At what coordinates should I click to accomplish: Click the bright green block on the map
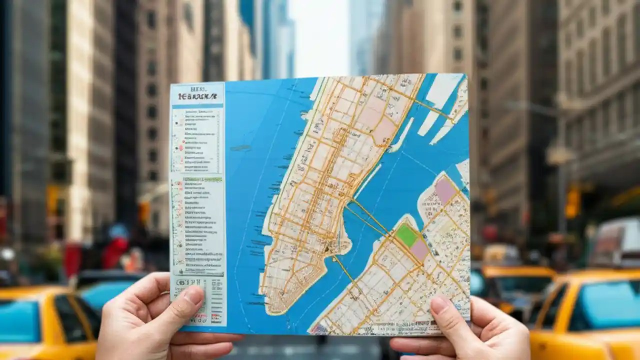[x=406, y=235]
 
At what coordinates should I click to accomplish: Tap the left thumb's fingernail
[x=193, y=295]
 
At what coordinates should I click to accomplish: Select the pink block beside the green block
[x=419, y=249]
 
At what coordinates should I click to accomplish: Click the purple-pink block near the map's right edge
[x=444, y=190]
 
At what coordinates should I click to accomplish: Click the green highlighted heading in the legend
[x=202, y=179]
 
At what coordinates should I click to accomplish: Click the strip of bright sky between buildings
[x=320, y=35]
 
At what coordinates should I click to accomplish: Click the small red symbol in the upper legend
[x=181, y=148]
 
